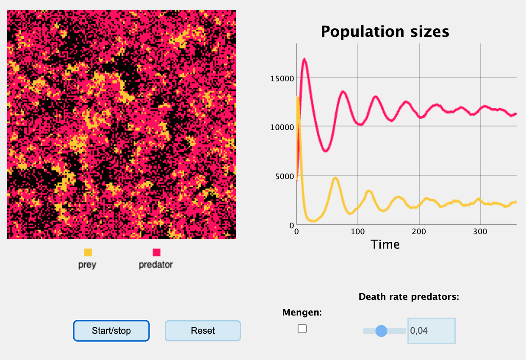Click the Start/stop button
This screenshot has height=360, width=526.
[x=111, y=331]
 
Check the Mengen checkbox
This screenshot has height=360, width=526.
[x=302, y=329]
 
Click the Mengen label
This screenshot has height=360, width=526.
[x=302, y=313]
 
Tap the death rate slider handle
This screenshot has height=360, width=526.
[x=382, y=331]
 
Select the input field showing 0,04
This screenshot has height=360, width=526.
[x=431, y=331]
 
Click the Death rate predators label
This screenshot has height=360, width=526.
[x=409, y=297]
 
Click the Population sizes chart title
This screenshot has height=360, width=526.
[x=385, y=31]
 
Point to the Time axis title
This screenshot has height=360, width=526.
[x=385, y=244]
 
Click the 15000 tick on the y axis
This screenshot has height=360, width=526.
[x=282, y=78]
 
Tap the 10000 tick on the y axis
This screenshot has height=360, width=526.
[x=282, y=127]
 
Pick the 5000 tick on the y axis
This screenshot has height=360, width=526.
[x=283, y=176]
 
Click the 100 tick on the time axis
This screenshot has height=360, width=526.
[x=358, y=232]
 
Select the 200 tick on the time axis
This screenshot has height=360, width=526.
[x=419, y=232]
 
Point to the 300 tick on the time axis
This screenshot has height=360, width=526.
[x=480, y=232]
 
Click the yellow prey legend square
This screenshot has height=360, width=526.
[x=88, y=252]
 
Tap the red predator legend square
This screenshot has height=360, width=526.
[x=156, y=252]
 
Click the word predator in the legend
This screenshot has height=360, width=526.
[x=156, y=265]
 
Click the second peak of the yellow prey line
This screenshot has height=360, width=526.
[x=335, y=178]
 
